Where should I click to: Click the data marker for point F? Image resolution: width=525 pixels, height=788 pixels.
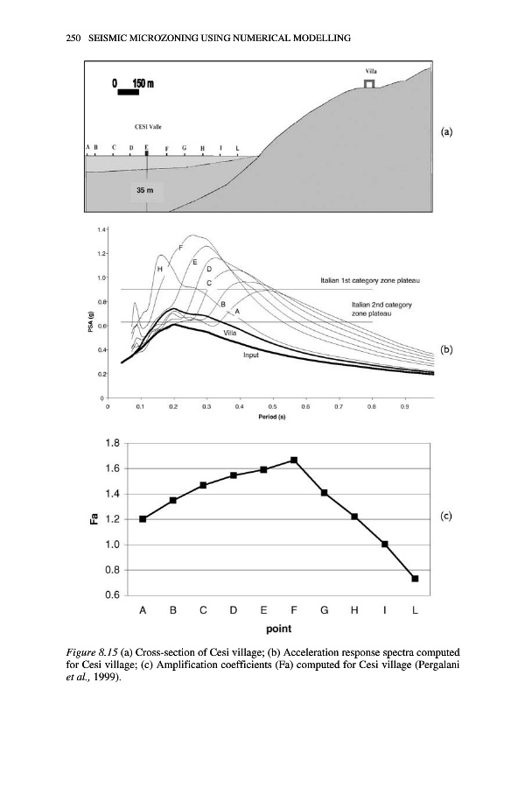[x=294, y=461]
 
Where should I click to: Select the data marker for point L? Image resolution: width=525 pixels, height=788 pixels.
[x=415, y=579]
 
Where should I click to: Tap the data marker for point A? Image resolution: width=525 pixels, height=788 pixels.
[x=143, y=519]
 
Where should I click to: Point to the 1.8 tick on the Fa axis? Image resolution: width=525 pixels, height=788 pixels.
[x=111, y=443]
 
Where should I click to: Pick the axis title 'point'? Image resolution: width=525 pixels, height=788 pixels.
[x=278, y=629]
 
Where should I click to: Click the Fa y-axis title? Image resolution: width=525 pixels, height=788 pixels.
[x=93, y=519]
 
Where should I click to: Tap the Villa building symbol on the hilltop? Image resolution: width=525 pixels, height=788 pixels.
[x=370, y=83]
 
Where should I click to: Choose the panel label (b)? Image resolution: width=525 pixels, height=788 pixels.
[x=446, y=349]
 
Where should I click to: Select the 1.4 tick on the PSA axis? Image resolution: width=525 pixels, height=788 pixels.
[x=102, y=229]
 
